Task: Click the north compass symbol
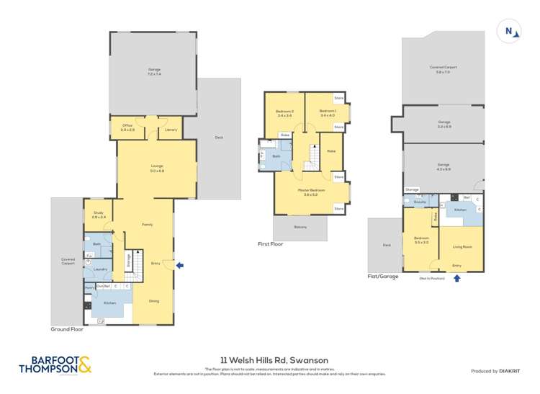pyautogui.click(x=510, y=31)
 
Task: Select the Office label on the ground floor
pyautogui.click(x=127, y=127)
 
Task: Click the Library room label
pyautogui.click(x=171, y=130)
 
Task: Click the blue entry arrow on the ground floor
pyautogui.click(x=179, y=265)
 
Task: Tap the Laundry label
pyautogui.click(x=99, y=269)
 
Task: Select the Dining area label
pyautogui.click(x=154, y=300)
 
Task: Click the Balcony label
pyautogui.click(x=300, y=228)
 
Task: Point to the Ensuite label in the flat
pyautogui.click(x=419, y=202)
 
